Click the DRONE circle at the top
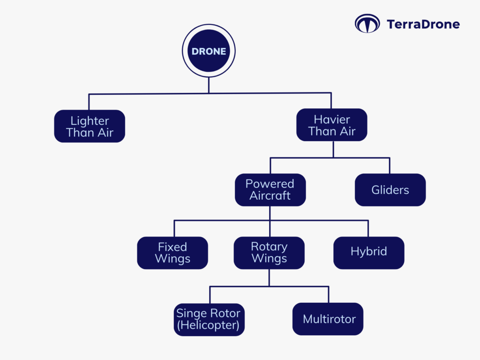click(x=209, y=52)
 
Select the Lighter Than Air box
click(x=90, y=126)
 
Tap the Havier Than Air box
click(x=332, y=126)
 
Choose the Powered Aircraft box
click(x=270, y=190)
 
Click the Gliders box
click(x=390, y=190)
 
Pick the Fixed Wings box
click(x=172, y=253)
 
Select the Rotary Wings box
click(x=269, y=253)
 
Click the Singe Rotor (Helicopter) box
click(x=209, y=319)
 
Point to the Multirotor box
click(x=328, y=319)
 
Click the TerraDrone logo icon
click(x=367, y=24)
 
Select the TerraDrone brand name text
click(x=423, y=24)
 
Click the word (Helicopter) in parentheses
click(x=208, y=325)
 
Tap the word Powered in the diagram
click(x=270, y=184)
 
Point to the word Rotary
click(x=269, y=247)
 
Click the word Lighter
click(x=90, y=120)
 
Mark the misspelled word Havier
click(x=332, y=120)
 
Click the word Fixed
click(x=172, y=247)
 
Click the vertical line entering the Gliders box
click(x=390, y=166)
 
